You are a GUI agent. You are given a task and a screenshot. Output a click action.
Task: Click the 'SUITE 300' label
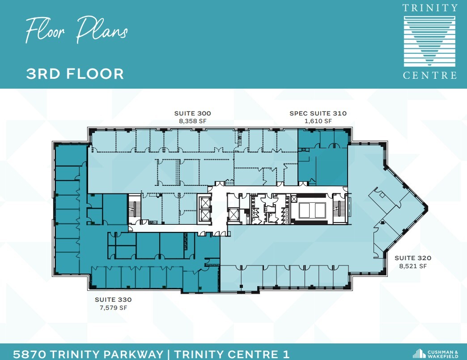192,113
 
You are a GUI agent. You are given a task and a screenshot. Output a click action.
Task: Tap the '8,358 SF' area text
192,121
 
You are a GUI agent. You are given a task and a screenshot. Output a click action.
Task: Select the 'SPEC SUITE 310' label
318,113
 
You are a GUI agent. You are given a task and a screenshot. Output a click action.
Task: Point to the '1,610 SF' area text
318,121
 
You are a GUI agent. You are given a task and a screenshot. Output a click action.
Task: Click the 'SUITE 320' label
412,258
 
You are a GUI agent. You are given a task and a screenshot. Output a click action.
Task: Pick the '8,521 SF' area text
412,266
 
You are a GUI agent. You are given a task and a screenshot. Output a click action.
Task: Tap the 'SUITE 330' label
113,300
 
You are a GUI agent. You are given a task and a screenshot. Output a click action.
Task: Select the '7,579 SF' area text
113,308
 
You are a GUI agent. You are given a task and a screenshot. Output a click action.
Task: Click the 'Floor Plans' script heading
76,30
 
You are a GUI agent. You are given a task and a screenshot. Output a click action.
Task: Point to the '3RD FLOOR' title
75,73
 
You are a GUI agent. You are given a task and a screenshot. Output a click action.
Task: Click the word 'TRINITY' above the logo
430,8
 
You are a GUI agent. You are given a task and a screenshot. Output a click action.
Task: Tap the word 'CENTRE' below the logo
430,75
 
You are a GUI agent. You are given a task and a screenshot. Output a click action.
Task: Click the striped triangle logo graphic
430,41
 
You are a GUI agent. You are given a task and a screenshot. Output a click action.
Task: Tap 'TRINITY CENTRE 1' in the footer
232,354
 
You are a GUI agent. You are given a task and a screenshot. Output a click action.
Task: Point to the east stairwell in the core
341,209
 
